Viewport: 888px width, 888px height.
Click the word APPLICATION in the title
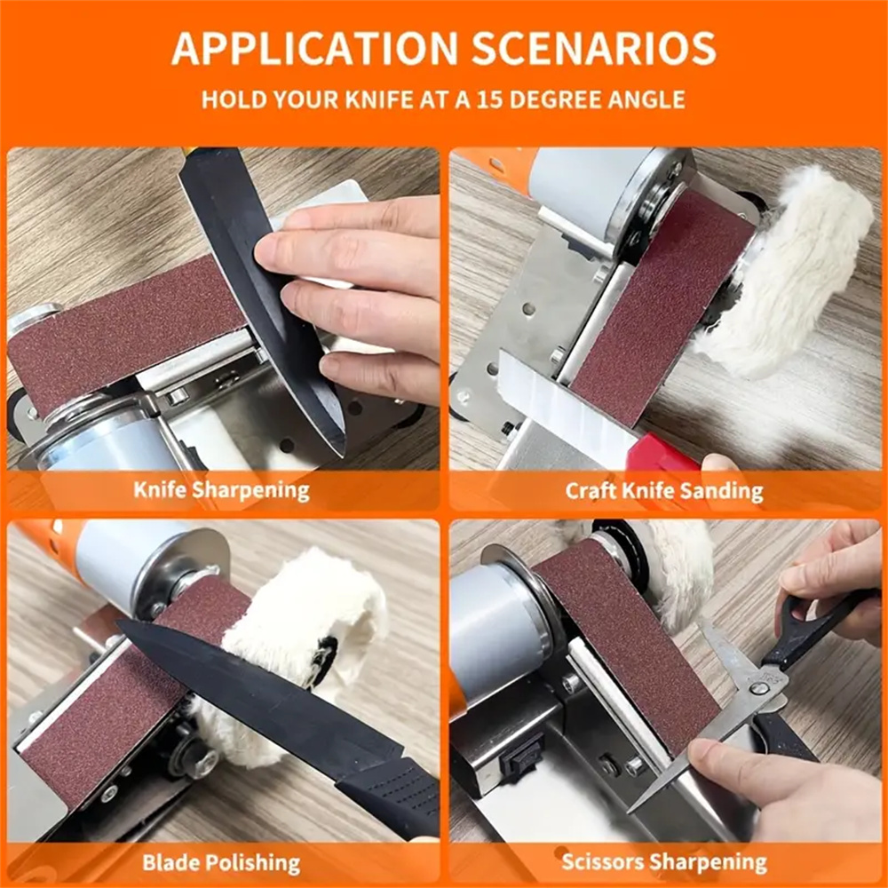314,48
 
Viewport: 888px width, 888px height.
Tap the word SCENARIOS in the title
593,48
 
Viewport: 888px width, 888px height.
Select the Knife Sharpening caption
221,490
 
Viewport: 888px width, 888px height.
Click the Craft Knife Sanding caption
663,491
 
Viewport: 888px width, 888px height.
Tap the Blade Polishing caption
221,862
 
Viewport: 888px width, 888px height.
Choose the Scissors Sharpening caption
663,862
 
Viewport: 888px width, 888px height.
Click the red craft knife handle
662,453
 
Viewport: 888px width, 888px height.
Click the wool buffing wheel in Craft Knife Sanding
787,272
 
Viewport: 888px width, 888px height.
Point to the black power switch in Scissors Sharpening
522,757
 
